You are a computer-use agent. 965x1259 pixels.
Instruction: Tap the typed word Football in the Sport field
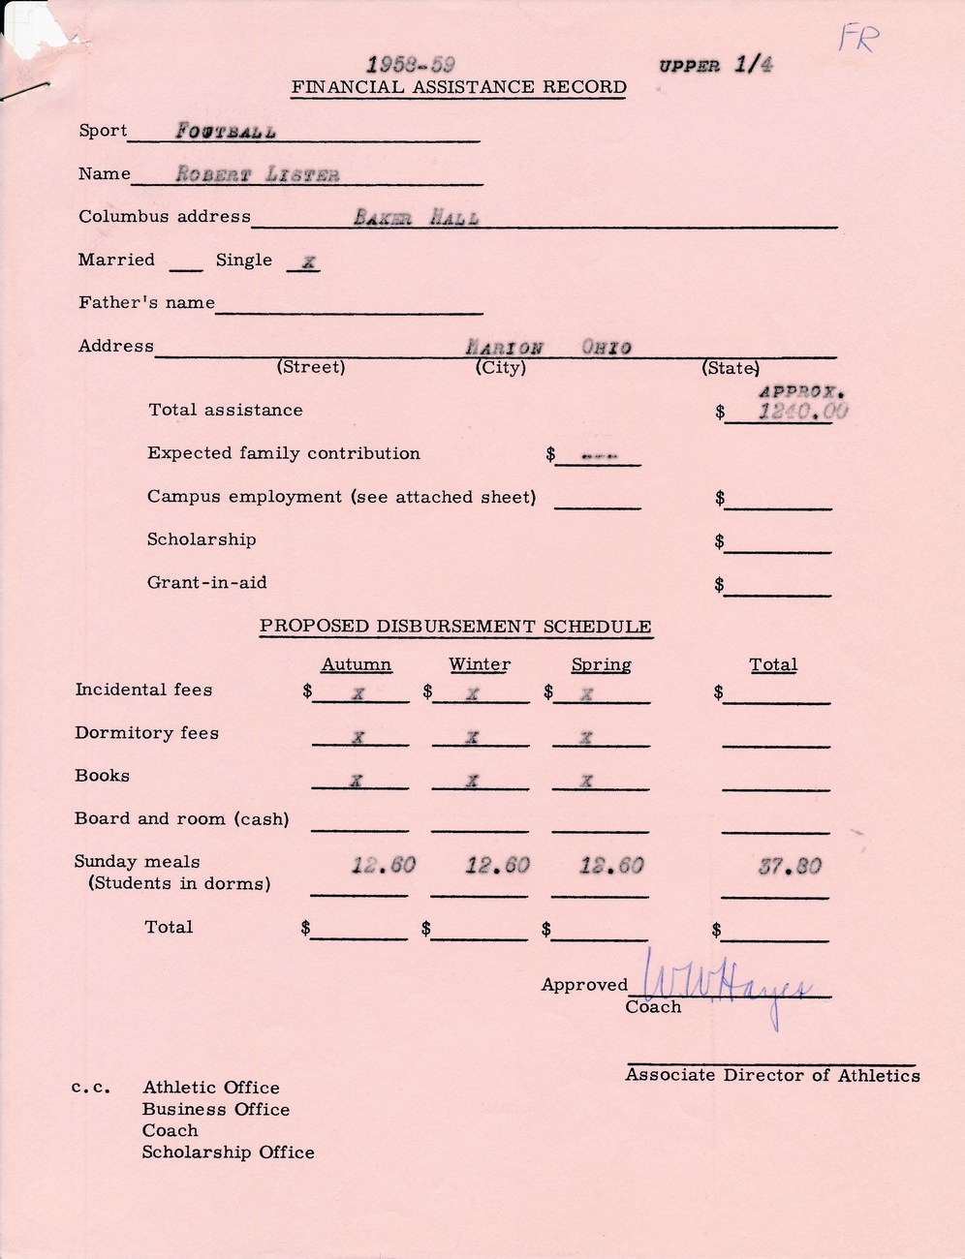(x=226, y=132)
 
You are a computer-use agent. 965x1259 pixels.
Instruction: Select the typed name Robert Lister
(x=258, y=175)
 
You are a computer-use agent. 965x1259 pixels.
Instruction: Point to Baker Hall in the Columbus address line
(x=416, y=218)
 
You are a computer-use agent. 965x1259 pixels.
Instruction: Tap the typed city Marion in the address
(x=504, y=348)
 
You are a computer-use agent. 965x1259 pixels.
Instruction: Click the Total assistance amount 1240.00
(x=802, y=412)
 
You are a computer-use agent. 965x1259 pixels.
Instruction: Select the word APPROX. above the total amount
(x=802, y=392)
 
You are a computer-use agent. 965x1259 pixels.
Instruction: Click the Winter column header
(x=480, y=664)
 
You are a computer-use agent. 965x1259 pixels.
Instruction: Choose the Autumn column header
(x=357, y=664)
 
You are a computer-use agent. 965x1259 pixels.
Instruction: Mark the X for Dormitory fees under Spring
(x=585, y=737)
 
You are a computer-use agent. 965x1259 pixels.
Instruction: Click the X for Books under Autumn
(x=357, y=781)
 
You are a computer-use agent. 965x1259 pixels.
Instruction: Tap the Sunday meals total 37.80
(x=790, y=866)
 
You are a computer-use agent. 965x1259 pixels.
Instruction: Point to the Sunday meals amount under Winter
(x=497, y=866)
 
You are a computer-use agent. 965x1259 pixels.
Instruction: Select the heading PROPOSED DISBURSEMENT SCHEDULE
(x=455, y=627)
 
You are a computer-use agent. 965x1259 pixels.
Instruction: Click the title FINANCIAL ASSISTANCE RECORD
(x=459, y=87)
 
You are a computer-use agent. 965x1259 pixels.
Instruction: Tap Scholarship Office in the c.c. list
(x=228, y=1152)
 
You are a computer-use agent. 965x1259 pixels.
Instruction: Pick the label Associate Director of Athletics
(x=772, y=1075)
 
